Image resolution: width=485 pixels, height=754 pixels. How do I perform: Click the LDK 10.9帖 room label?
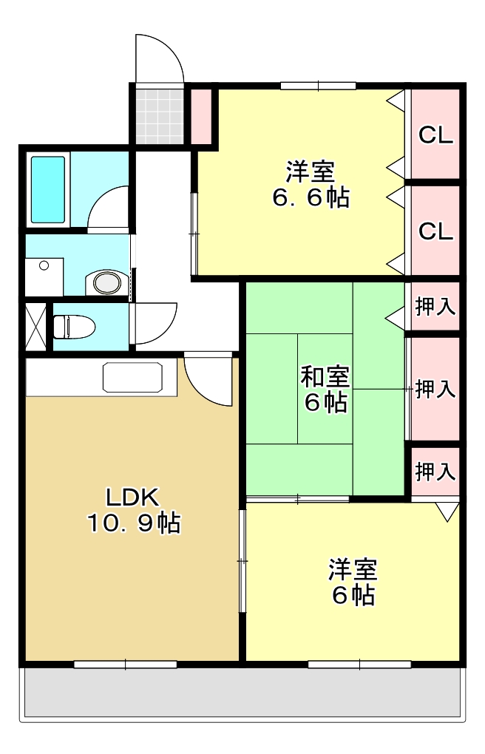(133, 510)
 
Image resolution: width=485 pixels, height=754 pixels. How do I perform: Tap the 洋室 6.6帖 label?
(311, 185)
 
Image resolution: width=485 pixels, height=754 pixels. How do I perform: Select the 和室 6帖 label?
(325, 390)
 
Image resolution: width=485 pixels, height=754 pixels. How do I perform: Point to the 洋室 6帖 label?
(353, 583)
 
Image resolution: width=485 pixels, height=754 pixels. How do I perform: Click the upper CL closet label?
(435, 135)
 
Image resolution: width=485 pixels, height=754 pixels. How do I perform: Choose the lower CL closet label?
(435, 231)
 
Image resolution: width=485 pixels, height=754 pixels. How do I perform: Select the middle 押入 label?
(435, 389)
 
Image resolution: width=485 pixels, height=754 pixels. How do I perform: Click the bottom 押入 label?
(435, 470)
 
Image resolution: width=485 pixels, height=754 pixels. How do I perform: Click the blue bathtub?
(48, 189)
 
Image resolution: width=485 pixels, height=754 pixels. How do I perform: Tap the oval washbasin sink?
(104, 282)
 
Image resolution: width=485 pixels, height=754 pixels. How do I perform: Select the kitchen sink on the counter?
(132, 378)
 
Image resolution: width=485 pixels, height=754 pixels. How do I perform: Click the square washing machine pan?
(44, 276)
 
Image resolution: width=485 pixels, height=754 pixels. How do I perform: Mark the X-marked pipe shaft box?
(35, 325)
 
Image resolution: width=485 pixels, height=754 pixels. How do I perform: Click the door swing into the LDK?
(211, 381)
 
